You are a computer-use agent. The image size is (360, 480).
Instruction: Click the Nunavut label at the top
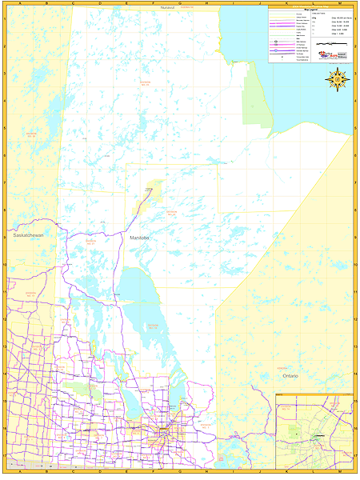tap(166, 6)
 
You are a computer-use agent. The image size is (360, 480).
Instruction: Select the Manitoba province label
tap(139, 238)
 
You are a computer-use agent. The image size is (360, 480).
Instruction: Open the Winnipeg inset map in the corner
tap(314, 432)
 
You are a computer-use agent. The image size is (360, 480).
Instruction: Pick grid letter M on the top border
tap(339, 3)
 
